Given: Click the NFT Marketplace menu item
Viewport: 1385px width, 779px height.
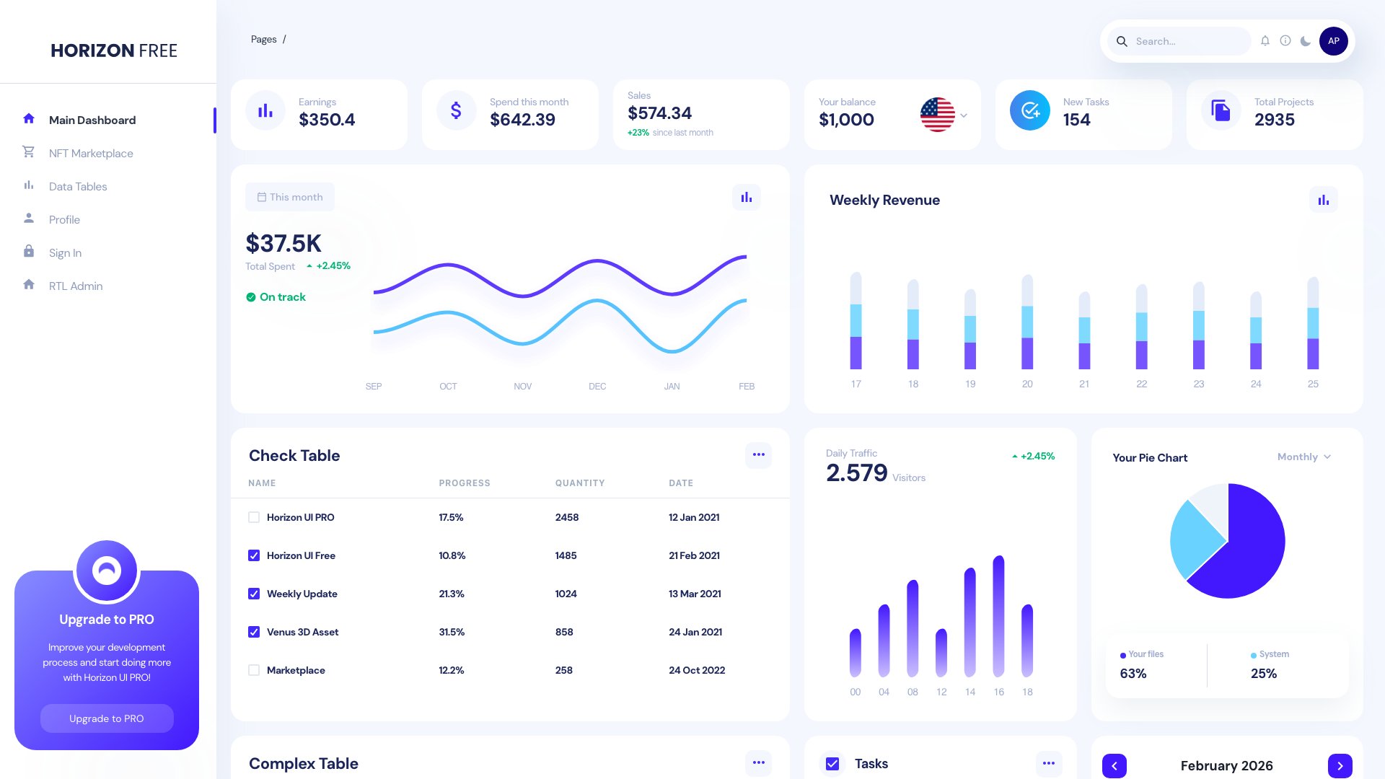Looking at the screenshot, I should (x=91, y=153).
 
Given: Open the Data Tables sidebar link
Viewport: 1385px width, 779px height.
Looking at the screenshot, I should (x=78, y=186).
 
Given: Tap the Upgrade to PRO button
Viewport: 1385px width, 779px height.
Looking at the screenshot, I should (x=107, y=718).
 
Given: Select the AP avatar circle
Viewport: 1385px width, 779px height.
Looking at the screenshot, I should (x=1333, y=41).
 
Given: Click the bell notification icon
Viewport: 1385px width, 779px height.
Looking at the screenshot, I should (x=1265, y=41).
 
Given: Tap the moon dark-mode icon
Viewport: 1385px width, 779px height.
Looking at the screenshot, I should (x=1305, y=41).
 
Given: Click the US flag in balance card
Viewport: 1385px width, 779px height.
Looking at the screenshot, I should (x=937, y=115).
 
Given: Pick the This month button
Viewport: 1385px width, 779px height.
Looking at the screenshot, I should (x=290, y=197).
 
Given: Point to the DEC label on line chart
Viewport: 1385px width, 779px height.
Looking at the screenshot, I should (x=597, y=387).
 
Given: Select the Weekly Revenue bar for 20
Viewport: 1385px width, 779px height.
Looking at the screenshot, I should (x=1027, y=322).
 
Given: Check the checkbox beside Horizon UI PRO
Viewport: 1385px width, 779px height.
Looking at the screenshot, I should (x=254, y=517).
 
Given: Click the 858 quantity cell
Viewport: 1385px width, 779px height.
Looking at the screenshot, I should (x=564, y=632).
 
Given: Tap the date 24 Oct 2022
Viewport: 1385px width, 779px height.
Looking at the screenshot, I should (x=697, y=670).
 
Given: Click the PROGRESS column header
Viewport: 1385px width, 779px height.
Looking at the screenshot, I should (x=465, y=483).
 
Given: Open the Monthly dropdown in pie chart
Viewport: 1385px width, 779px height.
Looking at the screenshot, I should (x=1303, y=457).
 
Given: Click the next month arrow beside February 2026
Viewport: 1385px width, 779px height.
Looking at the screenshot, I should (x=1340, y=765).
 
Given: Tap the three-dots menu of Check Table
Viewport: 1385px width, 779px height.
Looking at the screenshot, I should (x=758, y=454).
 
